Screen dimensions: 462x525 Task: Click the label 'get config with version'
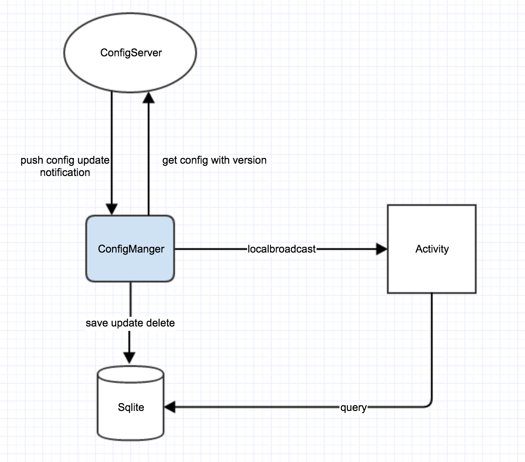[x=214, y=160]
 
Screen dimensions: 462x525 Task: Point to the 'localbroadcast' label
[x=281, y=249]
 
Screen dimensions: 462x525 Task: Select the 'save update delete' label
[x=130, y=323]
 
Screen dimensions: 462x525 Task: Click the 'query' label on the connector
[x=353, y=407]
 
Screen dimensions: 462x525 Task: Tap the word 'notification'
[x=65, y=172]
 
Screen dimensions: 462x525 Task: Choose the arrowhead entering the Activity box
[x=381, y=249]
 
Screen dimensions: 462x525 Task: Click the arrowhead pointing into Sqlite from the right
[x=170, y=407]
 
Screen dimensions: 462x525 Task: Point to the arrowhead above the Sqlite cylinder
[x=129, y=357]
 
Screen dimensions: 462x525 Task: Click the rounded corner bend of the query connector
[x=429, y=404]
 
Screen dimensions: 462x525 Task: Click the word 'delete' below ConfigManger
[x=161, y=323]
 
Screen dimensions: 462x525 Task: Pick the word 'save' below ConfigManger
[x=97, y=323]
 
